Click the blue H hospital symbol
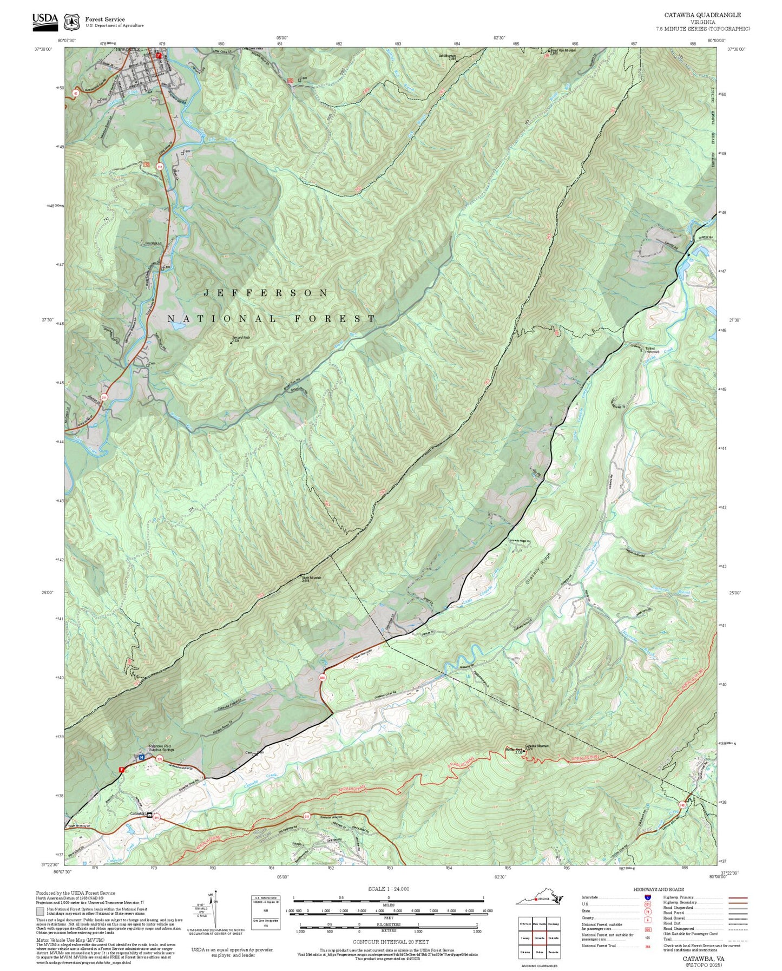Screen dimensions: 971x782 pyautogui.click(x=141, y=757)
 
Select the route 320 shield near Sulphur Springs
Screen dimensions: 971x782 pyautogui.click(x=160, y=759)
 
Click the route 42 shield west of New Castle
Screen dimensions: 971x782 pyautogui.click(x=76, y=94)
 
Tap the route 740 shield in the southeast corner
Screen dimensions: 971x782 pyautogui.click(x=682, y=805)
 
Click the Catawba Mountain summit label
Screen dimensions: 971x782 pyautogui.click(x=536, y=746)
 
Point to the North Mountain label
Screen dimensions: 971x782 pyautogui.click(x=311, y=578)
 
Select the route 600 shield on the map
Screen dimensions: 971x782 pyautogui.click(x=323, y=677)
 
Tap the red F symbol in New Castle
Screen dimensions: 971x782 pyautogui.click(x=159, y=55)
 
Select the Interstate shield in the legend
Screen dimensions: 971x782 pyautogui.click(x=647, y=897)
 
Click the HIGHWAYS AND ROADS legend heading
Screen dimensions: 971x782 pyautogui.click(x=658, y=889)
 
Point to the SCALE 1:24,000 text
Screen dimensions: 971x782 pyautogui.click(x=388, y=889)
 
